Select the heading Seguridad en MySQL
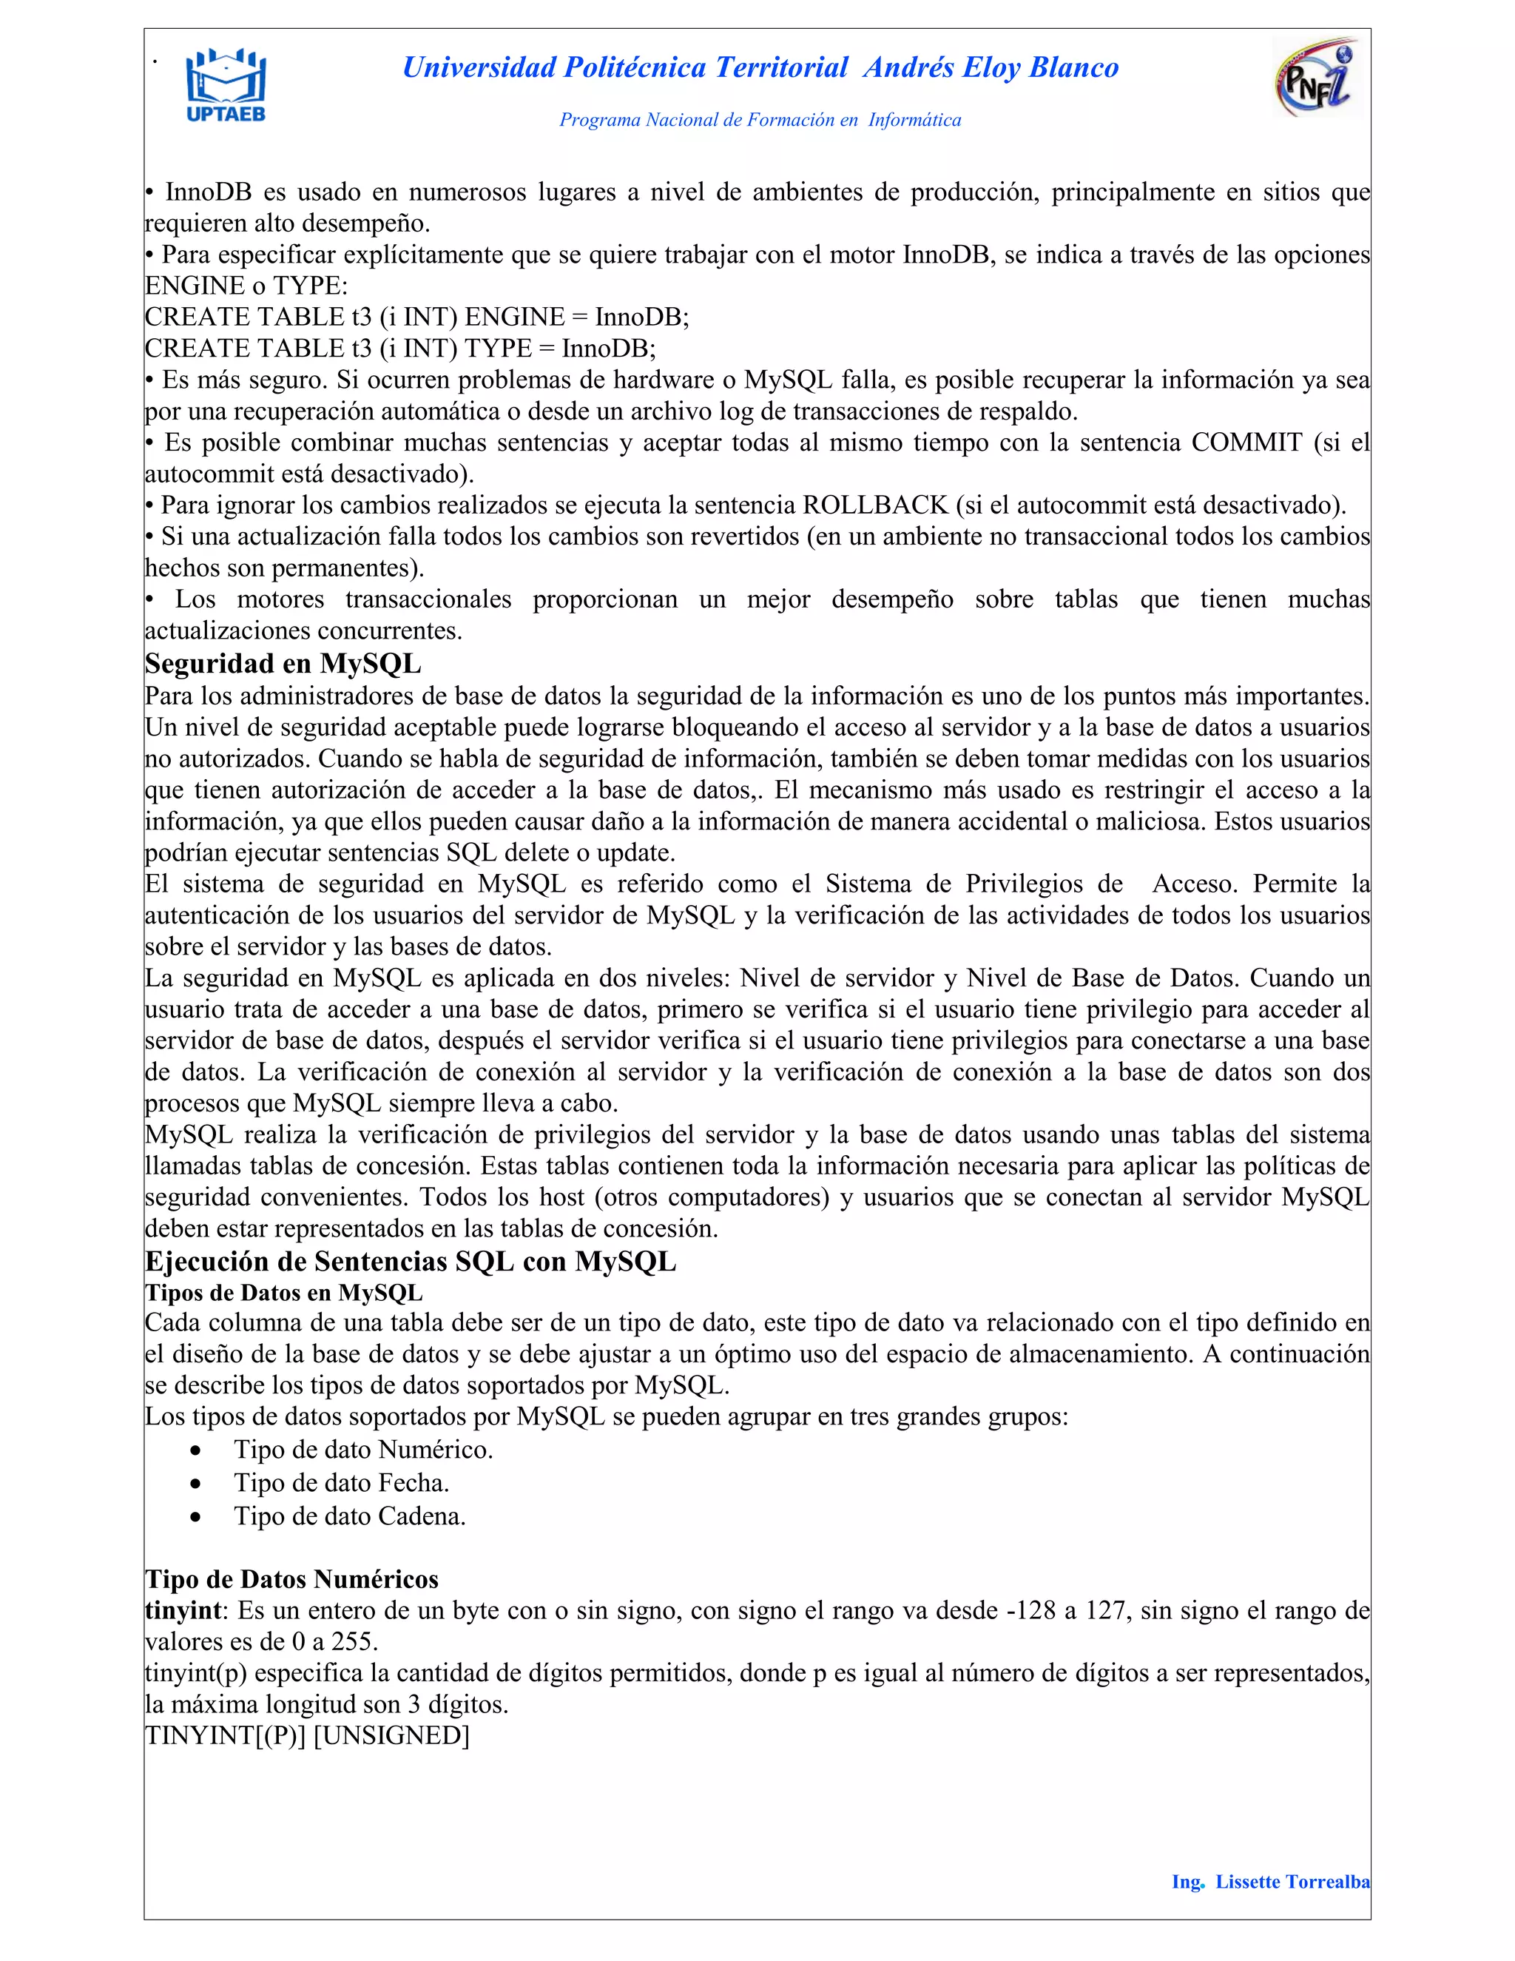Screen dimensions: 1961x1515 [x=283, y=664]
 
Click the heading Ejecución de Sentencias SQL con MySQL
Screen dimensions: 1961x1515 [x=410, y=1262]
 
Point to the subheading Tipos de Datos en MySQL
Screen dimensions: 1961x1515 [x=283, y=1293]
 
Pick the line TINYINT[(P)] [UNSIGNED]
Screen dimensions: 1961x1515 [x=307, y=1735]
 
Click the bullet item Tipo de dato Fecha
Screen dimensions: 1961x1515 [x=341, y=1483]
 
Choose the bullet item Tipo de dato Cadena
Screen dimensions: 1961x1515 [x=349, y=1516]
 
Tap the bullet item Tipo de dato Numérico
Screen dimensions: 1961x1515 [x=362, y=1450]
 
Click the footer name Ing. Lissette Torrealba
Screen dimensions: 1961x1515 [x=1270, y=1882]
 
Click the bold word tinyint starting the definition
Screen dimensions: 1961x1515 [x=182, y=1611]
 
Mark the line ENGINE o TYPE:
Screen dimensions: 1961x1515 [x=246, y=286]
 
